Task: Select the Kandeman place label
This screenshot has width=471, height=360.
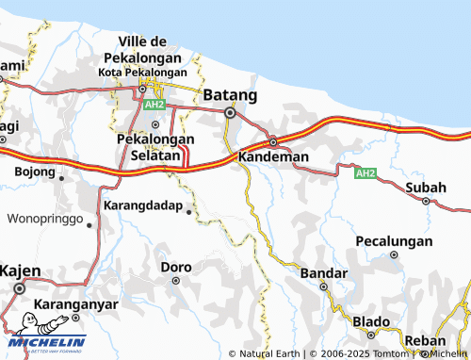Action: [x=272, y=155]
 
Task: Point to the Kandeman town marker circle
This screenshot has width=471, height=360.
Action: [x=273, y=141]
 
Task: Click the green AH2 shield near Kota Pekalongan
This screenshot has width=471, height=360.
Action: [x=155, y=105]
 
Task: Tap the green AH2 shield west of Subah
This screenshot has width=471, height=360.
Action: [x=365, y=173]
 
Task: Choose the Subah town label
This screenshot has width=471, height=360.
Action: [x=426, y=188]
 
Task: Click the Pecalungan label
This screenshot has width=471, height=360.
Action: [x=394, y=241]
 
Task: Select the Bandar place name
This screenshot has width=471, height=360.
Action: [x=317, y=272]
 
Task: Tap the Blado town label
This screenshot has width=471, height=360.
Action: [x=370, y=321]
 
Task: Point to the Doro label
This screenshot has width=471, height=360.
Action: [x=176, y=267]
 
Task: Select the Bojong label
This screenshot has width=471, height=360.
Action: [x=35, y=172]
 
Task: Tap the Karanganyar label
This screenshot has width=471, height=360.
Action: [x=75, y=304]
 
